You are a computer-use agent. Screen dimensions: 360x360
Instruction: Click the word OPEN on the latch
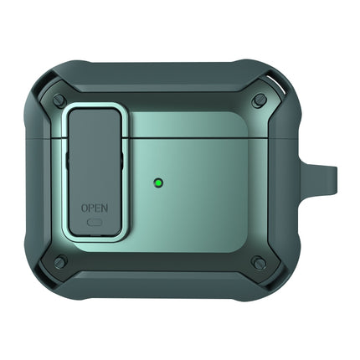[x=95, y=207]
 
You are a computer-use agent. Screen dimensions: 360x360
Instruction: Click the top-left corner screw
[x=59, y=100]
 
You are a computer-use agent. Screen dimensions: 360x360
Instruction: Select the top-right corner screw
[x=260, y=100]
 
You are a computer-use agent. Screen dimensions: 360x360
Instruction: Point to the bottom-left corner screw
[x=59, y=262]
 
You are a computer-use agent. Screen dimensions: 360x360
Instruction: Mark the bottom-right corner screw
[x=260, y=262]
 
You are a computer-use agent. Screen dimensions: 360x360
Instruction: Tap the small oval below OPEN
[x=95, y=222]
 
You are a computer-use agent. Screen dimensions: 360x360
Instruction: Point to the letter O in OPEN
[x=84, y=207]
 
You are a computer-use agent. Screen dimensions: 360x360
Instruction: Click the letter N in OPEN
[x=105, y=207]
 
